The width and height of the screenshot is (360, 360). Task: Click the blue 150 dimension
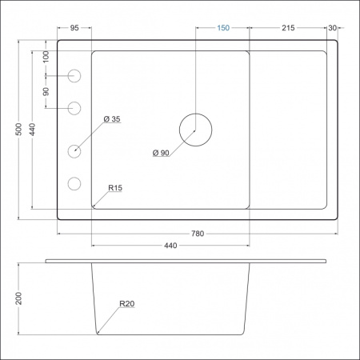tap(223, 28)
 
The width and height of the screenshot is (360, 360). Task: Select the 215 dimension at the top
tap(288, 28)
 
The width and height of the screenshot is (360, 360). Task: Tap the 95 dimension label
tap(74, 28)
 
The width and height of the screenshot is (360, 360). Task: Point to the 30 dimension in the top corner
tap(332, 28)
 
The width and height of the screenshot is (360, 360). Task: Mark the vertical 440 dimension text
tap(33, 130)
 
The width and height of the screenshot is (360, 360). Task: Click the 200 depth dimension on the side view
tap(18, 298)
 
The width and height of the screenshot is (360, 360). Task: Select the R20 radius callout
tap(126, 304)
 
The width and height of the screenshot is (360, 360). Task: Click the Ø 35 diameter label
tap(111, 119)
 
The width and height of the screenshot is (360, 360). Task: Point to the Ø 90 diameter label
tap(161, 153)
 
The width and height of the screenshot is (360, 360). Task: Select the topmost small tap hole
tap(75, 76)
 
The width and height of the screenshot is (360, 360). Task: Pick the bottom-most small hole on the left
tap(75, 183)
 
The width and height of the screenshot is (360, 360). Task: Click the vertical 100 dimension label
tap(46, 57)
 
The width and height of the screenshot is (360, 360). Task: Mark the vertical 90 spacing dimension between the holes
tap(46, 91)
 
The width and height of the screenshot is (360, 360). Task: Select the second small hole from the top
tap(75, 107)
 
